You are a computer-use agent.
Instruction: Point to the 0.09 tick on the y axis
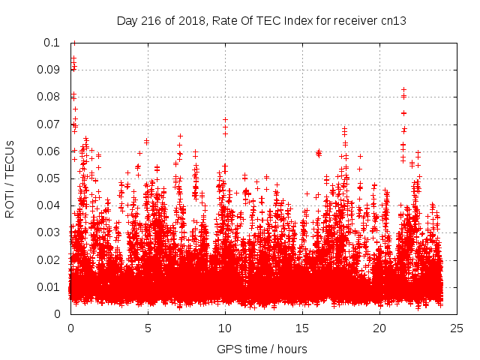tap(50, 70)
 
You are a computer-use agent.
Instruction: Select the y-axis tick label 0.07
tap(50, 124)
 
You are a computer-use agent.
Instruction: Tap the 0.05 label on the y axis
tap(50, 178)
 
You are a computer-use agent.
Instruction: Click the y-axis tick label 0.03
tap(50, 232)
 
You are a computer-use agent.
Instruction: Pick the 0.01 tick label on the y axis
tap(50, 287)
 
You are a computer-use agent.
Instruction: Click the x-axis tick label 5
tap(148, 328)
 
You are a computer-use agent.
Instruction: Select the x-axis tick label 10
tap(225, 328)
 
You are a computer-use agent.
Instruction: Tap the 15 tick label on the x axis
tap(302, 328)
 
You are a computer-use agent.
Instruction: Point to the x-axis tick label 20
tap(379, 328)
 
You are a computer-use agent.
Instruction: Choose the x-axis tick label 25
tap(457, 328)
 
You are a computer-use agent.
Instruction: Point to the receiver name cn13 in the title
tap(393, 20)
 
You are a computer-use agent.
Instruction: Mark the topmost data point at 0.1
tap(73, 43)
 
